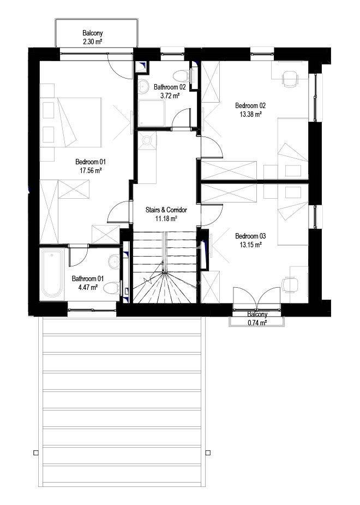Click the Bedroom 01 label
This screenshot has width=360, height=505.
coord(90,162)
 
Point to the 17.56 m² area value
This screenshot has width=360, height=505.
coord(90,170)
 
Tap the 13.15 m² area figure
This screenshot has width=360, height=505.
coord(250,245)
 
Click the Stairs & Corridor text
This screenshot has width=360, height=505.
coord(167,210)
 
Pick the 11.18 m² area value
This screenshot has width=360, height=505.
coord(167,218)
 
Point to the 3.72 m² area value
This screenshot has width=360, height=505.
coord(170,95)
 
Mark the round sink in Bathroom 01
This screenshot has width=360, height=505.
coord(114,262)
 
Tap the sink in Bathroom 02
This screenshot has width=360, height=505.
coord(144,86)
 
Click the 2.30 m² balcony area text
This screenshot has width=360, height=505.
coord(92,40)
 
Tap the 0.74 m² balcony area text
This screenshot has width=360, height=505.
coord(256,323)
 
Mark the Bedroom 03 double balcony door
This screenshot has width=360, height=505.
coord(256,301)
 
